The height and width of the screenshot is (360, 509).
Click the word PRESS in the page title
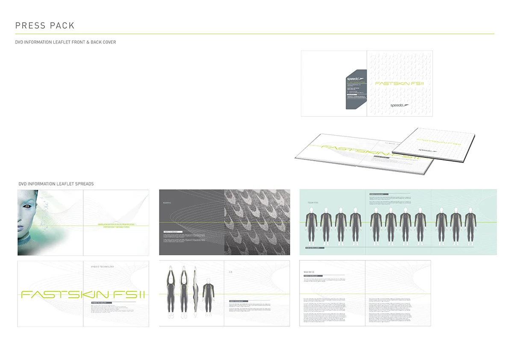[x=28, y=26]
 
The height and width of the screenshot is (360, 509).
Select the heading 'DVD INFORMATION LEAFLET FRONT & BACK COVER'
[x=65, y=42]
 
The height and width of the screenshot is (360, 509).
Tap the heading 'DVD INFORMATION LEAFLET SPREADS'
[x=56, y=184]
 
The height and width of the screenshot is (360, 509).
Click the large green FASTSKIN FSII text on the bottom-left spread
[x=83, y=294]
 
